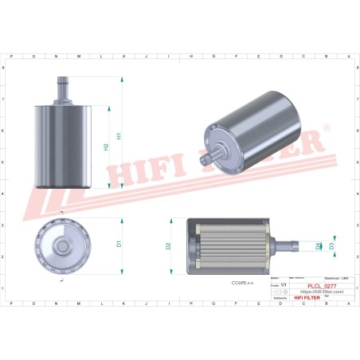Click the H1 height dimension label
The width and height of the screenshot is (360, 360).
[x=119, y=135]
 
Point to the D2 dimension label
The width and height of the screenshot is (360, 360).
[x=168, y=246]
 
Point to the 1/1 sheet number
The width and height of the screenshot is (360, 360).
[x=282, y=284]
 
